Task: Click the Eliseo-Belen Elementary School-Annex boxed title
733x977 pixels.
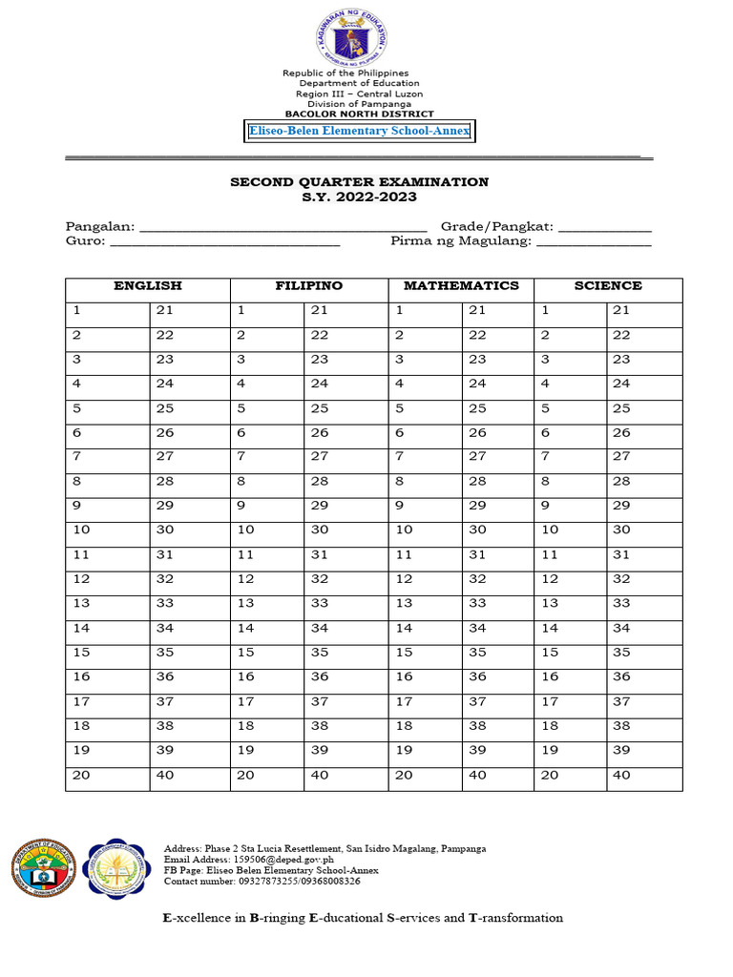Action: point(359,131)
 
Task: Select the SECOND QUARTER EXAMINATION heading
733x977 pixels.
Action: point(359,181)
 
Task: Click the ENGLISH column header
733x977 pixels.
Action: point(148,286)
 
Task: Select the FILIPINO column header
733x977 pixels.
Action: point(309,286)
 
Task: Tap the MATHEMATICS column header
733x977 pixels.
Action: point(461,286)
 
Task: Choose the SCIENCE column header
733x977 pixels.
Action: point(608,286)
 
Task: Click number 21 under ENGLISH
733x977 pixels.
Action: point(165,310)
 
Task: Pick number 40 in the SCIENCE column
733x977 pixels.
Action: point(621,775)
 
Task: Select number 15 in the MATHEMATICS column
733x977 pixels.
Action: point(404,653)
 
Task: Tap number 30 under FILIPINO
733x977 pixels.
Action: point(319,530)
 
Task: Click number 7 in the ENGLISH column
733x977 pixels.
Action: point(76,457)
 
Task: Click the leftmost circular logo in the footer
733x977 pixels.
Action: point(43,869)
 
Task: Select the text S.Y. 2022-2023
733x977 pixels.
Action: point(359,197)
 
